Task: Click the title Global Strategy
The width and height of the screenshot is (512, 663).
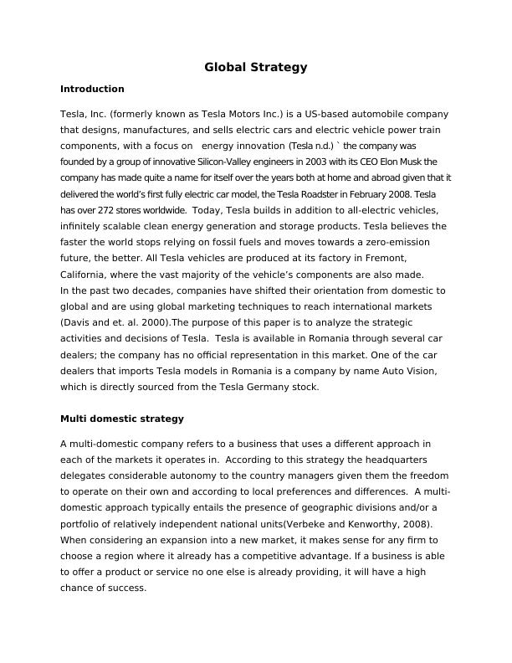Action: [x=256, y=67]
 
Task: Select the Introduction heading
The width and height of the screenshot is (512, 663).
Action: [x=92, y=89]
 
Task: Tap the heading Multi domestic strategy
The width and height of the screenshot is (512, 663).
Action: [x=122, y=418]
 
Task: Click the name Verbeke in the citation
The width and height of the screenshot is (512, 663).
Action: [x=294, y=524]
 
